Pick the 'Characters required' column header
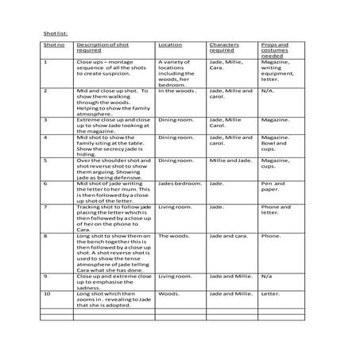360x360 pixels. [x=224, y=48]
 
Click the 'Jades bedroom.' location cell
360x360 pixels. [x=177, y=183]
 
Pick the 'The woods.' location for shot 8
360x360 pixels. [x=172, y=236]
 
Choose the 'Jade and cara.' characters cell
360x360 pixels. [x=228, y=236]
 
